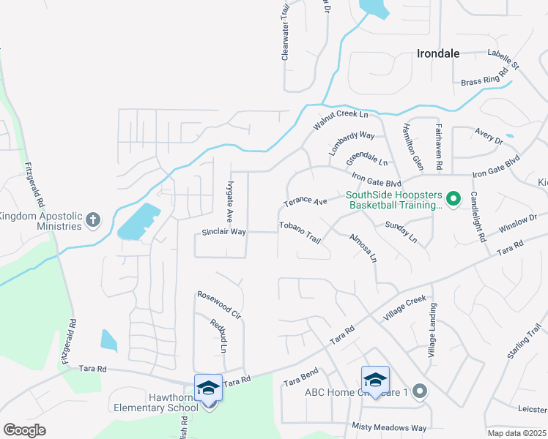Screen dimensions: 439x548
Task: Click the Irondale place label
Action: point(438,53)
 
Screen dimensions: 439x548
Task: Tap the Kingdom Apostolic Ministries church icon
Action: point(92,219)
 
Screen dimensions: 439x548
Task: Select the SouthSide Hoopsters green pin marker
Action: point(453,198)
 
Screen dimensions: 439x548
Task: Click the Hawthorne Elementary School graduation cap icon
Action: point(208,388)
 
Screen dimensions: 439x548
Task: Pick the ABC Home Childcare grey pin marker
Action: point(419,392)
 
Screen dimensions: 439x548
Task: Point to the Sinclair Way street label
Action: point(223,231)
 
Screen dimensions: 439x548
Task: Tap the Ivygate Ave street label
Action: point(230,202)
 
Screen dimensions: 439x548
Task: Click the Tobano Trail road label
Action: point(300,232)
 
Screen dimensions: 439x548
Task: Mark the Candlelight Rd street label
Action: point(478,217)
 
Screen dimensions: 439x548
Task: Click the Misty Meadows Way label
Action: point(388,427)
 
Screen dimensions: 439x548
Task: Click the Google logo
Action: point(24,430)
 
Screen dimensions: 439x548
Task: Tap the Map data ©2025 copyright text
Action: point(516,433)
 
